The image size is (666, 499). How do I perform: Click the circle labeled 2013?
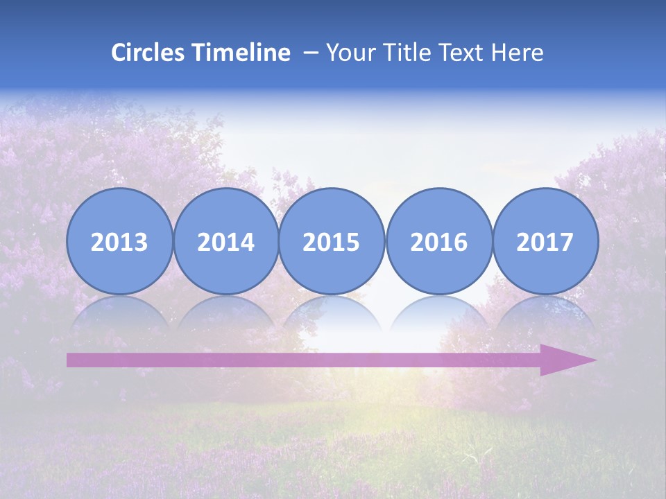click(x=119, y=241)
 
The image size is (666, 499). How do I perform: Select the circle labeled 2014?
click(x=225, y=241)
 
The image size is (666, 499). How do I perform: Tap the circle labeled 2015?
click(x=332, y=241)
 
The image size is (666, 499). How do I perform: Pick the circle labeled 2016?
click(x=438, y=241)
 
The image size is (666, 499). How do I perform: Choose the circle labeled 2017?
click(x=545, y=241)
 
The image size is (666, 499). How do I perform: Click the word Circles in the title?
click(x=149, y=53)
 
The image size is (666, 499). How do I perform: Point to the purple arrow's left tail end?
click(x=70, y=360)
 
